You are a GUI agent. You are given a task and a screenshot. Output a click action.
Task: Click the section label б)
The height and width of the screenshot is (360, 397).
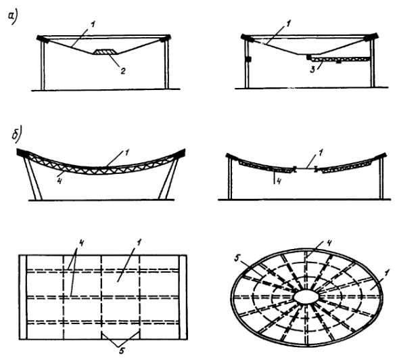click(x=17, y=133)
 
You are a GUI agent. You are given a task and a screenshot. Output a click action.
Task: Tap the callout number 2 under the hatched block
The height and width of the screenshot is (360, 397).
click(x=122, y=70)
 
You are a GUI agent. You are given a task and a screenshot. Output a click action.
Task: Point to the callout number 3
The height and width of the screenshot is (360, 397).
click(x=313, y=70)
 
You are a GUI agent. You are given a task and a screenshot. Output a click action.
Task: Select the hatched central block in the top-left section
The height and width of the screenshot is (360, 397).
click(x=106, y=51)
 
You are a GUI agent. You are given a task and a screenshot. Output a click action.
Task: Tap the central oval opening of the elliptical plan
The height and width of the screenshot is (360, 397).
click(x=306, y=296)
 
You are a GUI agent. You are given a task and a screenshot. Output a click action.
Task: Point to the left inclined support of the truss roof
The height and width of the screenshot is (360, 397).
click(x=33, y=178)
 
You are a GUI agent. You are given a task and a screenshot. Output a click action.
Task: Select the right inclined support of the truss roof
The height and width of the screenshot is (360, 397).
click(x=168, y=178)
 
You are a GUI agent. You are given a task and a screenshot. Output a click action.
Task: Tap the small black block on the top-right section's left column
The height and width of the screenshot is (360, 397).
click(x=248, y=59)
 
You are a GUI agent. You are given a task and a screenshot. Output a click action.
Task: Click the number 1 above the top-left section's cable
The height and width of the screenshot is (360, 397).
click(x=93, y=25)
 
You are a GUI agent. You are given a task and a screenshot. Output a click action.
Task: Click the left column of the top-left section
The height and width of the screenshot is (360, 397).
click(x=43, y=65)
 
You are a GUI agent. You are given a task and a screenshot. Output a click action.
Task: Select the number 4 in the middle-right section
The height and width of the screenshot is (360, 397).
click(x=278, y=181)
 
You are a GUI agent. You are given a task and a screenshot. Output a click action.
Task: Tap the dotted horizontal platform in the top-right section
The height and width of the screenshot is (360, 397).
click(x=340, y=59)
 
